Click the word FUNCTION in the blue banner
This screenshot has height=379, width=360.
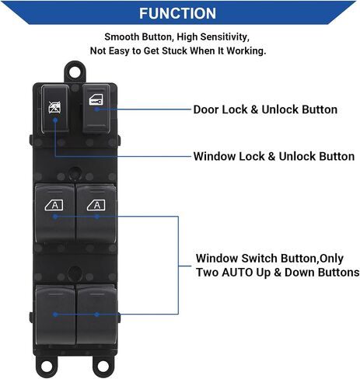(x=177, y=13)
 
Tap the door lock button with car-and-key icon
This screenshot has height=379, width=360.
(x=96, y=109)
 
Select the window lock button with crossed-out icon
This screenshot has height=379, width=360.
(x=55, y=109)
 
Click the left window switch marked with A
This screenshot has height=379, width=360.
(x=54, y=213)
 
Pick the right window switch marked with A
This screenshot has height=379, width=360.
(x=96, y=213)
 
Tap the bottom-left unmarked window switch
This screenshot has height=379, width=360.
(x=55, y=315)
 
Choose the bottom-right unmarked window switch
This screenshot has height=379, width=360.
(x=96, y=315)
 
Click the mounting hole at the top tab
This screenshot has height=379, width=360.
(x=75, y=71)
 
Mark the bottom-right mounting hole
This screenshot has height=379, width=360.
(x=103, y=367)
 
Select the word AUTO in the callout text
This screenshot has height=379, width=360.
(x=237, y=273)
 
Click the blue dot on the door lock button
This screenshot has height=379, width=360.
(x=96, y=110)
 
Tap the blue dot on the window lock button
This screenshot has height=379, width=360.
(x=55, y=120)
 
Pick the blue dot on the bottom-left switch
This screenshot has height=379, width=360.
(x=55, y=315)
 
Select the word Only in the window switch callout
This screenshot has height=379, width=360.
(x=331, y=259)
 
